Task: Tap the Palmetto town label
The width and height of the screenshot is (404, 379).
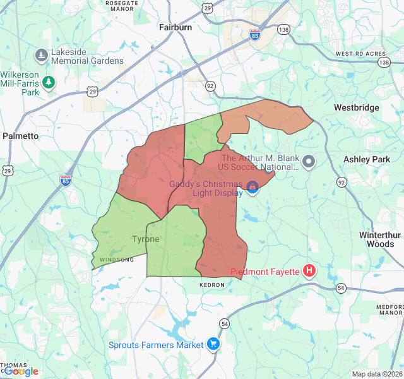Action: point(20,136)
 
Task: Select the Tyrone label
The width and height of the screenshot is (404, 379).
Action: point(145,239)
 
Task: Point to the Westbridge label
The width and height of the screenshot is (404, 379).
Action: point(357,107)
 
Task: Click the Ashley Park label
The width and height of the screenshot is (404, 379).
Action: point(367,160)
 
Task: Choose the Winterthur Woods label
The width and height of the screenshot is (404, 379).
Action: point(380,239)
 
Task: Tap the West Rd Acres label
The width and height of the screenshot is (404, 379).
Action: point(359,54)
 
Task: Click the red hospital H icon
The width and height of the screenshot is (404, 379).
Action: point(309,272)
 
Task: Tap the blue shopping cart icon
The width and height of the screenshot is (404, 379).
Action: point(213,344)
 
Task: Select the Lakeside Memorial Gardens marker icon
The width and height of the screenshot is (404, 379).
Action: point(42,56)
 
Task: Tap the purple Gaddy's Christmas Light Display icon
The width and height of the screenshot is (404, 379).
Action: point(252,186)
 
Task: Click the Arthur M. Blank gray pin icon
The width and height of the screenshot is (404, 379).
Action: point(309,162)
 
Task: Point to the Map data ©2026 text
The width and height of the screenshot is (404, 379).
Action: point(377,374)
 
